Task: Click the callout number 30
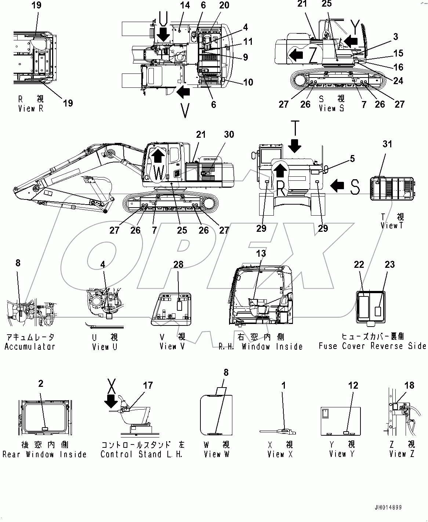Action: (x=229, y=134)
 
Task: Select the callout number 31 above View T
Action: (x=387, y=144)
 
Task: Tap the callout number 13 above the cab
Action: (x=261, y=253)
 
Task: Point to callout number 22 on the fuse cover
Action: (x=359, y=264)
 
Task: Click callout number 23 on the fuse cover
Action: (x=389, y=264)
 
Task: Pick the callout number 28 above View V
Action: (x=178, y=264)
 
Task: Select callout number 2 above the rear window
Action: (x=41, y=384)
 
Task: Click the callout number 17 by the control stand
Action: (x=148, y=385)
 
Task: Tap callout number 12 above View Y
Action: (x=353, y=385)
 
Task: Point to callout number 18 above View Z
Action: (x=409, y=385)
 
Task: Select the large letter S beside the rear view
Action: (x=355, y=187)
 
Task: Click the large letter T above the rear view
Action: (x=294, y=127)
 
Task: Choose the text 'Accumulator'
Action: (x=30, y=346)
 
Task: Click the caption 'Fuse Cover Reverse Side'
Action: (x=372, y=346)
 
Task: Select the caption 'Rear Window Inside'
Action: (x=44, y=454)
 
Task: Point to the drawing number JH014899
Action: (x=388, y=508)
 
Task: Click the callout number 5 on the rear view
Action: (x=352, y=159)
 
